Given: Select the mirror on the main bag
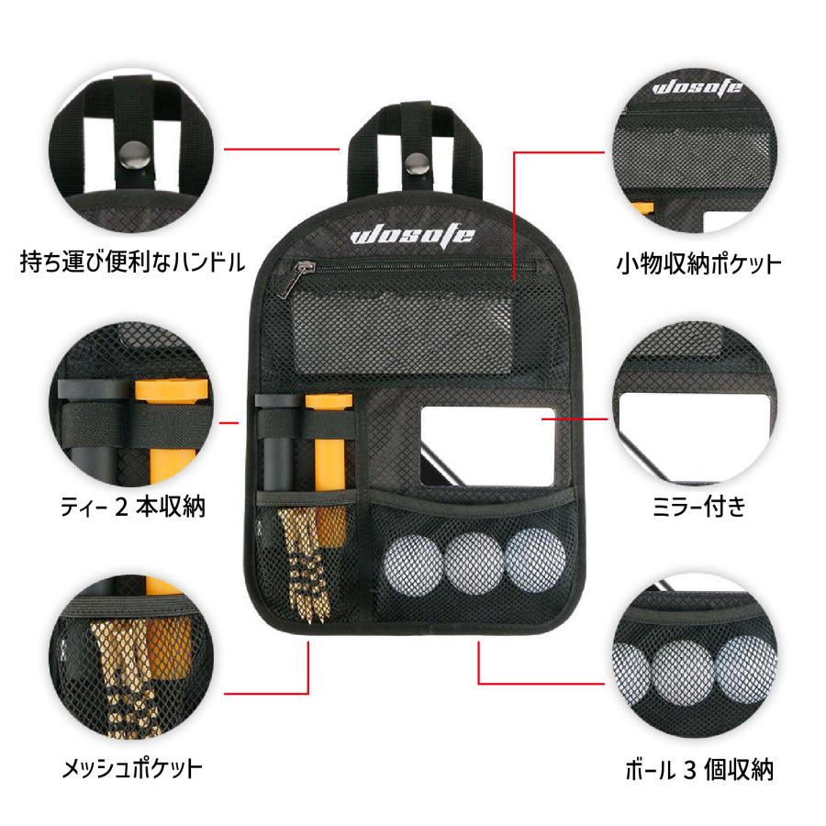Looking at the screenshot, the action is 488,446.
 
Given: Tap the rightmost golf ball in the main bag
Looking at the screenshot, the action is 535,558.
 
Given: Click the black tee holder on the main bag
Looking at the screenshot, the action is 278,442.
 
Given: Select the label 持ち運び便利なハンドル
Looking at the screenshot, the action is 133,262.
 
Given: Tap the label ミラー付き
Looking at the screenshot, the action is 699,507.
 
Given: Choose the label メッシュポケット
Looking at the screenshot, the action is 132,768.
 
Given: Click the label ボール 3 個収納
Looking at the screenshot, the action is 699,770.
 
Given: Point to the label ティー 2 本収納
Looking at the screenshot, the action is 132,507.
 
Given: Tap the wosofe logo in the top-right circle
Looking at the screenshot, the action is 697,88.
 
